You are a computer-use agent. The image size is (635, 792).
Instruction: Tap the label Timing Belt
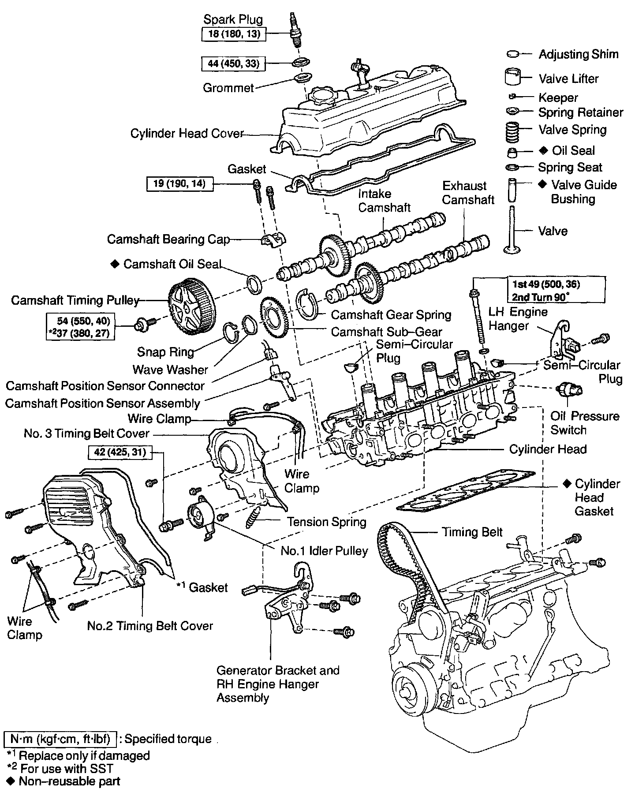click(472, 532)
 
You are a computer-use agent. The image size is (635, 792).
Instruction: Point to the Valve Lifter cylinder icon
click(513, 77)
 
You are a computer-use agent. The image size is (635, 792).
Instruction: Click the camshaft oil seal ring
click(254, 284)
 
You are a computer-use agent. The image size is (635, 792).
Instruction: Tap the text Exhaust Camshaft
click(468, 193)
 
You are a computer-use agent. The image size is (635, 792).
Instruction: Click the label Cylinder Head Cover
click(187, 133)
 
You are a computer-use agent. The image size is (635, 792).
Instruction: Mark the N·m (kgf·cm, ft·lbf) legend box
click(60, 739)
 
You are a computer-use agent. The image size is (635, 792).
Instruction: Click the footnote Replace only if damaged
click(84, 755)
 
